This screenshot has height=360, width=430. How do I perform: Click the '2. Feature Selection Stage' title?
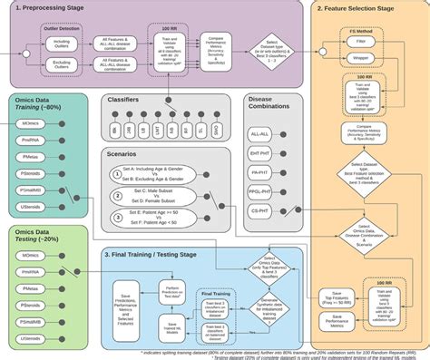pyautogui.click(x=355, y=7)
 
